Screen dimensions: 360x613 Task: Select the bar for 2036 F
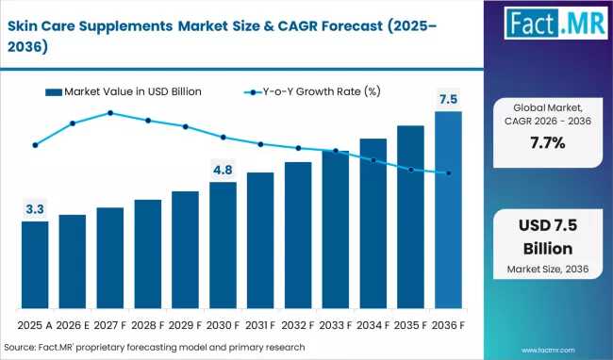448,211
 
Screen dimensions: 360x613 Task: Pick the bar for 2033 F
336,230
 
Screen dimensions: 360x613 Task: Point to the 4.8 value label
223,170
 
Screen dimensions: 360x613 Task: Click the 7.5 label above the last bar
448,99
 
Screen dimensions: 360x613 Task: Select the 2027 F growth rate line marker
110,113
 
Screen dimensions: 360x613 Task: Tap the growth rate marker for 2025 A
35,145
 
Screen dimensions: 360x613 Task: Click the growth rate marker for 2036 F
448,173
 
